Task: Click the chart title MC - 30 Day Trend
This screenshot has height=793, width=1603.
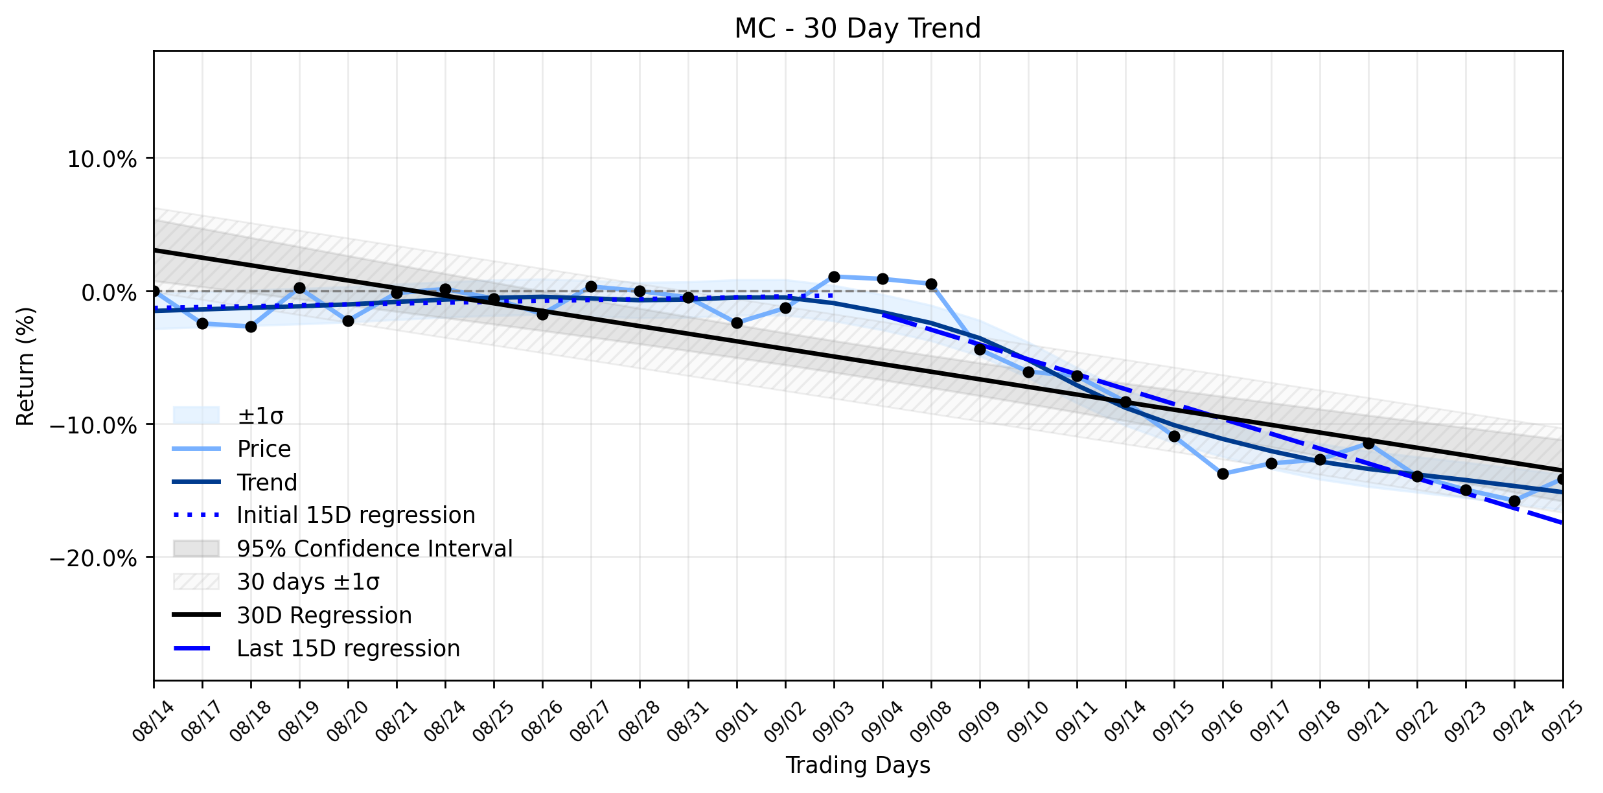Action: pyautogui.click(x=857, y=29)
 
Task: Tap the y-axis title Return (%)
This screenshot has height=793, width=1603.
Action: pyautogui.click(x=25, y=367)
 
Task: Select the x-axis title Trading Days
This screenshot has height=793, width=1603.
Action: pyautogui.click(x=858, y=765)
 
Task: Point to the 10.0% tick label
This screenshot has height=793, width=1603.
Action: pyautogui.click(x=102, y=159)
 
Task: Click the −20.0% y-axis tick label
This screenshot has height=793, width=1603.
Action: pyautogui.click(x=93, y=558)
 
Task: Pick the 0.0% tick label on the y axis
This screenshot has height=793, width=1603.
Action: pyautogui.click(x=109, y=292)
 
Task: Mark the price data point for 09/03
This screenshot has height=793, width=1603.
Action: pyautogui.click(x=834, y=277)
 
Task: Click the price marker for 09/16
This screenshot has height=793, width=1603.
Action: pyautogui.click(x=1223, y=474)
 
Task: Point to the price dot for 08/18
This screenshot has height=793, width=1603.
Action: pyautogui.click(x=251, y=327)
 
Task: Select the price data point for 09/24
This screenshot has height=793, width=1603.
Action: pyautogui.click(x=1514, y=501)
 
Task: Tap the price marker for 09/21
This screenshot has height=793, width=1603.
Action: pyautogui.click(x=1368, y=443)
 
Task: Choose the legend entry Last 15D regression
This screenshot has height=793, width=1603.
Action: pyautogui.click(x=317, y=649)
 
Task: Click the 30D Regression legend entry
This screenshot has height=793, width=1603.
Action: pyautogui.click(x=292, y=615)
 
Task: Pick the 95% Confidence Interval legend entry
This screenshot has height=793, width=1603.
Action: pyautogui.click(x=343, y=548)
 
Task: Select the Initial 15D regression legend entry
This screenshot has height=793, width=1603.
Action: pyautogui.click(x=324, y=515)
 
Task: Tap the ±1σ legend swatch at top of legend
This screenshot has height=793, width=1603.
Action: pyautogui.click(x=196, y=415)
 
